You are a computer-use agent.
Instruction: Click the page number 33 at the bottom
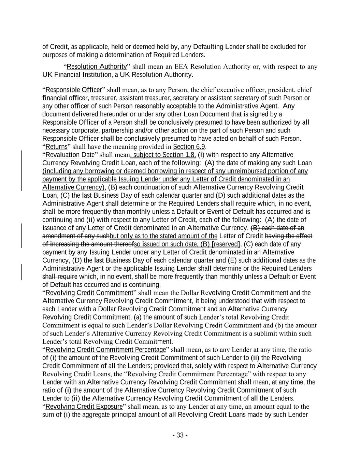(x=180, y=435)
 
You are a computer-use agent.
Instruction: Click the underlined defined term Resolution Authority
(x=97, y=67)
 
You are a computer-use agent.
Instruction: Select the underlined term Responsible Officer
(x=74, y=90)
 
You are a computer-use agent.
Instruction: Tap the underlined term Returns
(x=56, y=147)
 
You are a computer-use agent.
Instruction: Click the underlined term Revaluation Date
(x=70, y=155)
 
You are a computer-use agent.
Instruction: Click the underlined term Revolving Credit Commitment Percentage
(x=105, y=350)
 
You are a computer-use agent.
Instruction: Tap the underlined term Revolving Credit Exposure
(x=84, y=407)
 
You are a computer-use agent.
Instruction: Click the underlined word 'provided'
(x=167, y=366)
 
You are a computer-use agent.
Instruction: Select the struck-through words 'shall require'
(x=60, y=277)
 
